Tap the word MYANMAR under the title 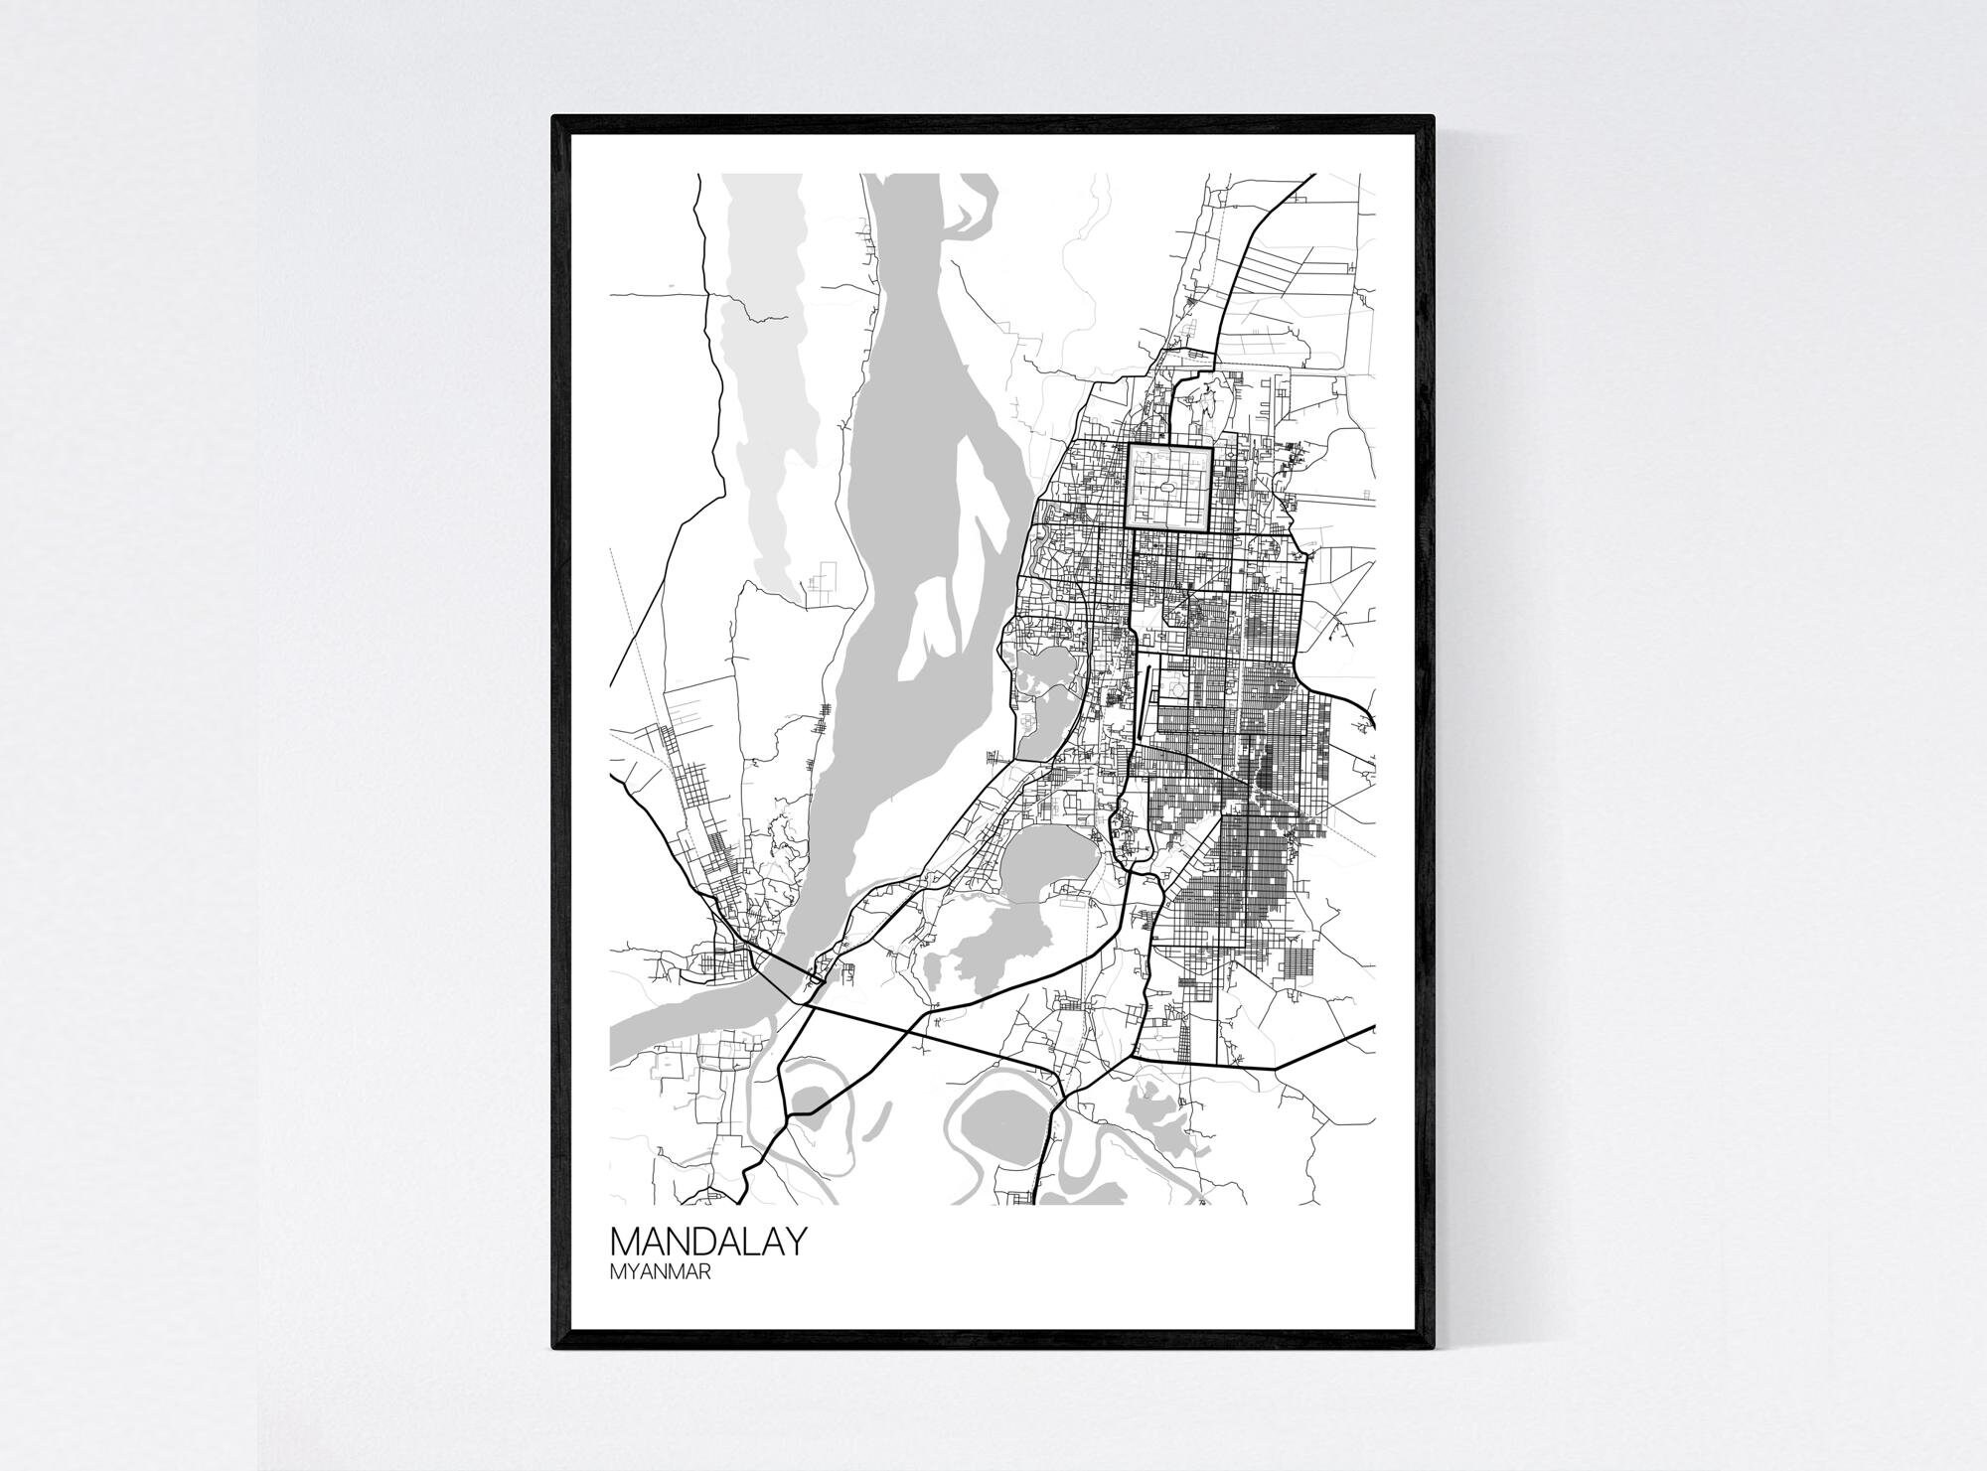click(x=660, y=1274)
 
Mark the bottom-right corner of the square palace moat click(x=1211, y=528)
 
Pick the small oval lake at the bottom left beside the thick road click(x=810, y=1100)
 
